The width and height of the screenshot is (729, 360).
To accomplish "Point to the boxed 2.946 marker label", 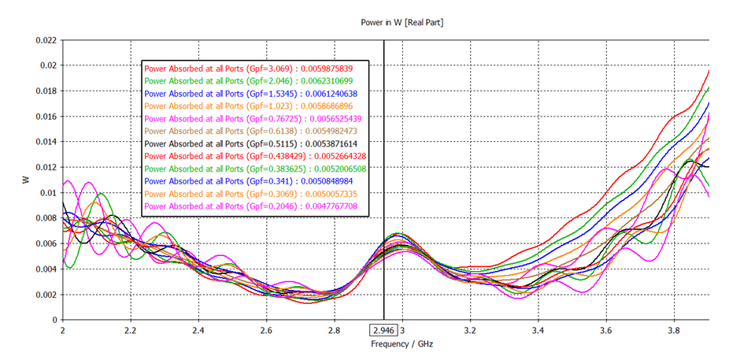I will [383, 331].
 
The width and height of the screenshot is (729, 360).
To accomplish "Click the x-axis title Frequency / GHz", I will [402, 345].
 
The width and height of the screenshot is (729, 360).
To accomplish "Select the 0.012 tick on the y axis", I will [46, 167].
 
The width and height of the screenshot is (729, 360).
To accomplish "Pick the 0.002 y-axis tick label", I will [46, 295].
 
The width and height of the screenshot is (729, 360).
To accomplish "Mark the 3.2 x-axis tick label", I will [470, 331].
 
